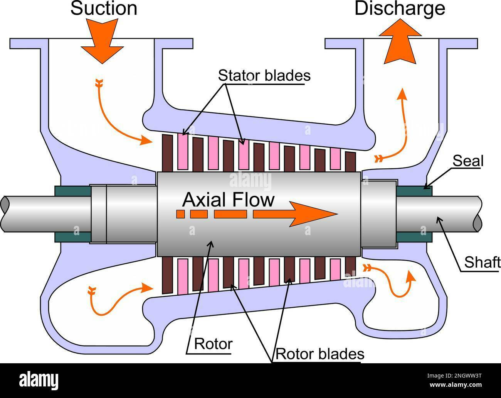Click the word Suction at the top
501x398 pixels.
point(104,8)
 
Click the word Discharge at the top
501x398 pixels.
point(400,8)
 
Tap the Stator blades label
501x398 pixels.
point(264,75)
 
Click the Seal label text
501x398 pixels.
point(467,161)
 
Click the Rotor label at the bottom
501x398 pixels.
point(213,343)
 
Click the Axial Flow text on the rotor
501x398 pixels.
point(229,200)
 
